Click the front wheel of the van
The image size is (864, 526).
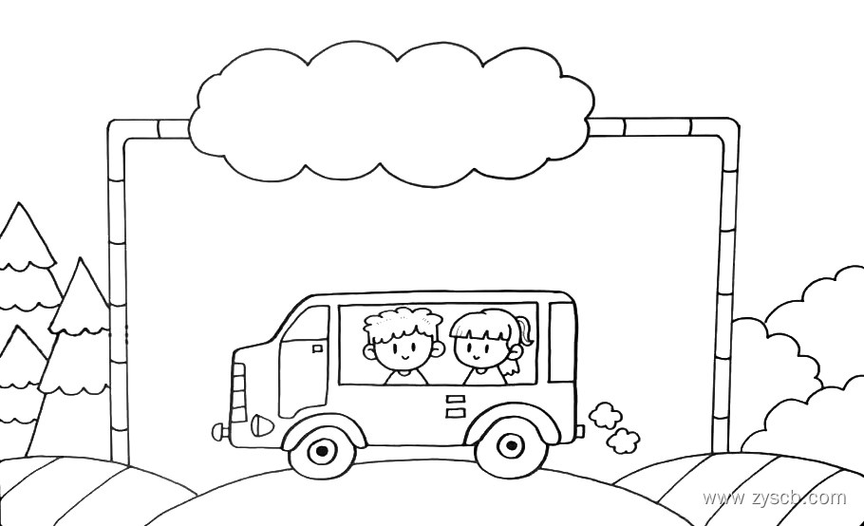point(322,450)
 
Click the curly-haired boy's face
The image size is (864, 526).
point(402,349)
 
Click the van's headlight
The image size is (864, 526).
point(263,421)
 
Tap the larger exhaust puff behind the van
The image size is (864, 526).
point(605,415)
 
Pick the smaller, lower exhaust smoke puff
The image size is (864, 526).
point(623,441)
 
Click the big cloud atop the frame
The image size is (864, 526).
point(389,112)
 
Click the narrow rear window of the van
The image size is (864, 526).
point(562,343)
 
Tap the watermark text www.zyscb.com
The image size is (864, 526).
point(774,498)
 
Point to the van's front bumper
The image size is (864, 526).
point(220,432)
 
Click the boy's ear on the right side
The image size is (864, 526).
point(438,348)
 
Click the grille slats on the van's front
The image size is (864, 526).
point(237,391)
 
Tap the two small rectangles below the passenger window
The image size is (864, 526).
point(456,405)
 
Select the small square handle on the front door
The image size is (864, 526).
point(317,348)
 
